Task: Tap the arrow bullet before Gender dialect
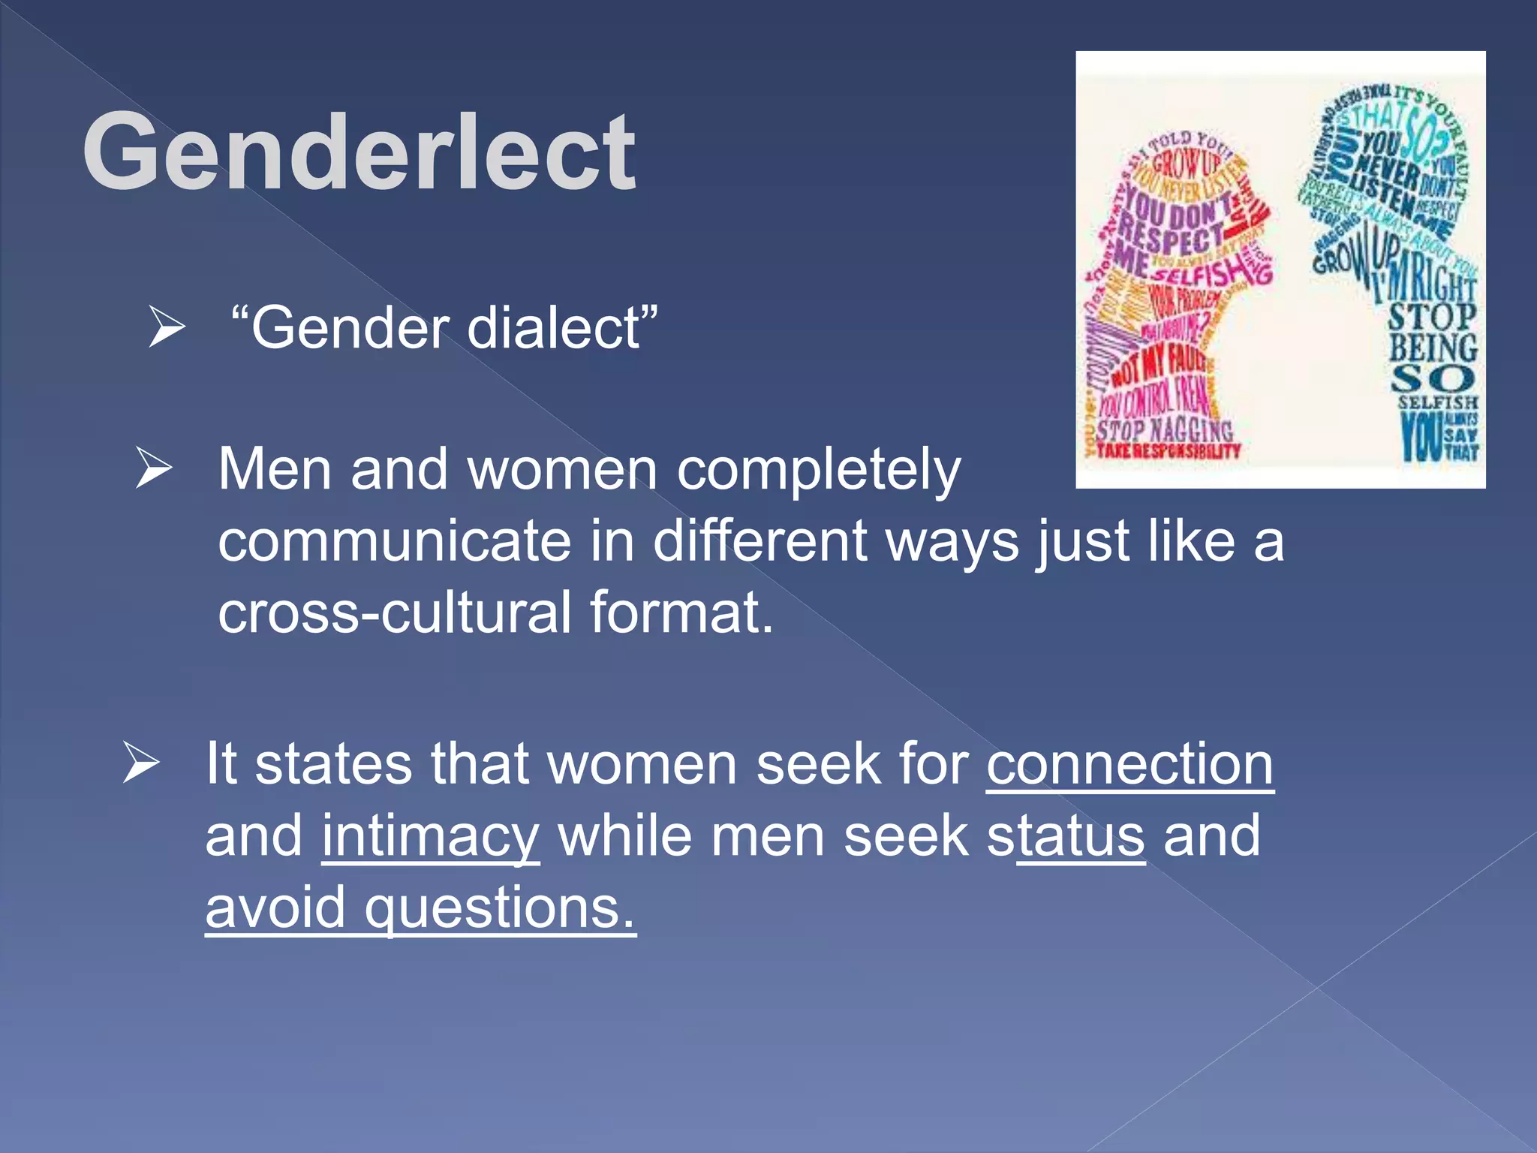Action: pyautogui.click(x=166, y=327)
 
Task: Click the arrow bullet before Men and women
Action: pyautogui.click(x=154, y=468)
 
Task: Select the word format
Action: pyautogui.click(x=681, y=612)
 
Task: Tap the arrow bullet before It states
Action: pyautogui.click(x=141, y=763)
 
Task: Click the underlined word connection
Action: pyautogui.click(x=1129, y=764)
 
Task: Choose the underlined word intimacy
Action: pyautogui.click(x=430, y=836)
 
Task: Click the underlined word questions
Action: pyautogui.click(x=499, y=908)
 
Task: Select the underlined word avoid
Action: pyautogui.click(x=275, y=908)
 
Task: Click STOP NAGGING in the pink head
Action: pyautogui.click(x=1164, y=431)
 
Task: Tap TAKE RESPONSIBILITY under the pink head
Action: pyautogui.click(x=1168, y=451)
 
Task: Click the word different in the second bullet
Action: pyautogui.click(x=759, y=541)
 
